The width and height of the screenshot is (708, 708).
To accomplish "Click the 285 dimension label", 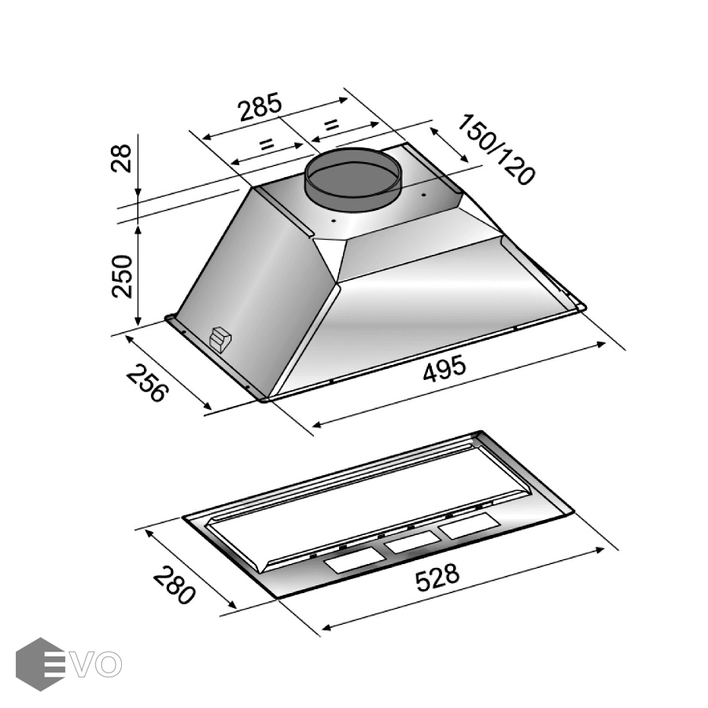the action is tap(260, 107).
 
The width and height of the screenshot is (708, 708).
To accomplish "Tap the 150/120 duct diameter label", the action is tap(496, 150).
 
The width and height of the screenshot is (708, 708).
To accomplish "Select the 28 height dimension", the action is tap(121, 158).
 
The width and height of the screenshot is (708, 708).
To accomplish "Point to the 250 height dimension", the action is tap(122, 276).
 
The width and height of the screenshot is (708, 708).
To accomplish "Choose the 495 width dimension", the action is tap(444, 369).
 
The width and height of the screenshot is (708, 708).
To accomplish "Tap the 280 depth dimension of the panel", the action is tap(174, 584).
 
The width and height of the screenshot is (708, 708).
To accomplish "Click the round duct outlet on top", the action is tap(352, 179).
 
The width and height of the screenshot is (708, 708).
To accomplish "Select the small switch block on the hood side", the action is tap(220, 338).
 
